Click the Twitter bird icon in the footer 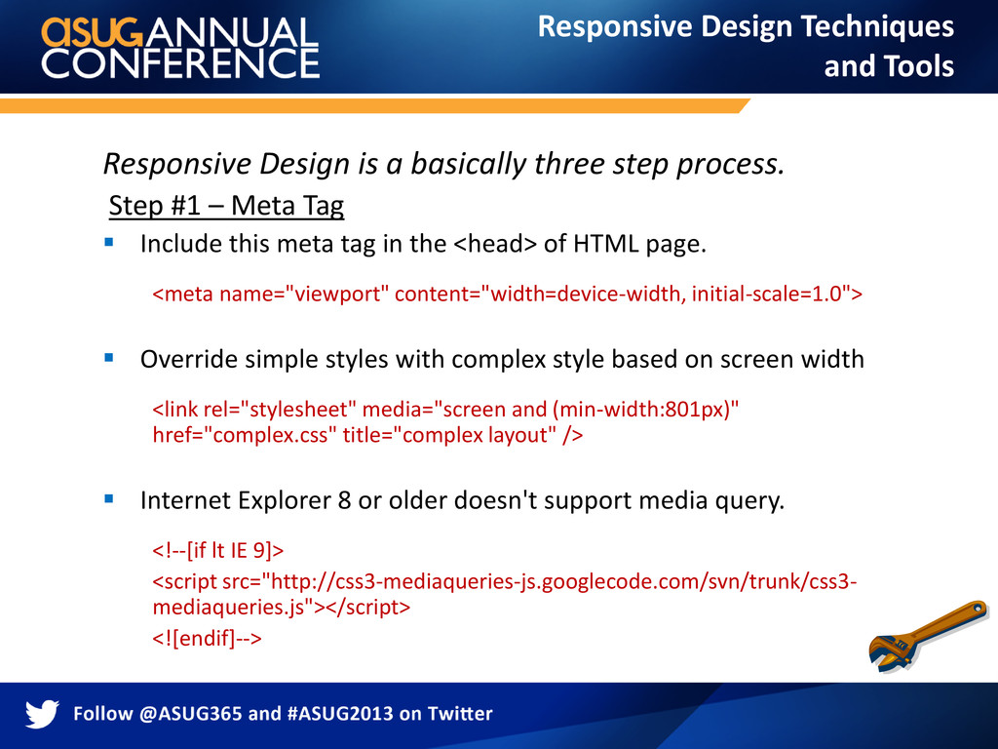[42, 713]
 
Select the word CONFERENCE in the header [180, 63]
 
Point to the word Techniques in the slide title [877, 26]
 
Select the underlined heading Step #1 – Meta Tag [226, 206]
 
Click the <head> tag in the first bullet [495, 244]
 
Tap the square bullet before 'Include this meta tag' [109, 242]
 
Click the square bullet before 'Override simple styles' [109, 358]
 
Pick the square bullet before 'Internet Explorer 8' [109, 499]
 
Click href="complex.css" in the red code [245, 436]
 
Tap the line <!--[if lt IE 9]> [217, 550]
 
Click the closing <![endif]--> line [207, 638]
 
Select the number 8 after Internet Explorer [344, 500]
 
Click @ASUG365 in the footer [190, 713]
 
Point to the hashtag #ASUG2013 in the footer [340, 713]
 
